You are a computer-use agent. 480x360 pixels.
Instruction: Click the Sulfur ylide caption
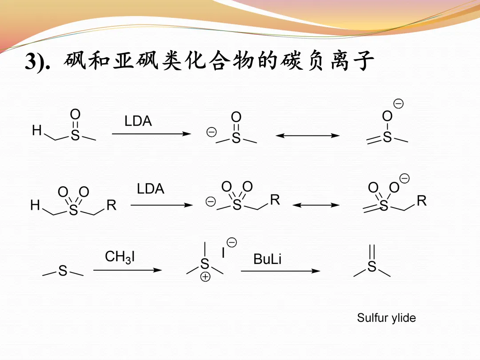tap(386, 318)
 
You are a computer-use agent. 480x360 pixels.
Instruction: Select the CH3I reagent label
tap(120, 257)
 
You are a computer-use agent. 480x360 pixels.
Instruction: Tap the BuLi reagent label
tap(267, 259)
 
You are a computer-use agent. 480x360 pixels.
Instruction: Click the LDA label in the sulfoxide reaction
tap(138, 121)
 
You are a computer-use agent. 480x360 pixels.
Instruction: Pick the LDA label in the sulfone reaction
tap(150, 189)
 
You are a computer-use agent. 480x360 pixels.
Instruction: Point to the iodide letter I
tap(223, 253)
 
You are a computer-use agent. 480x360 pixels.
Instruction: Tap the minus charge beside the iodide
tap(232, 242)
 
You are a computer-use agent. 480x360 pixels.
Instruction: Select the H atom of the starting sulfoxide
tap(37, 131)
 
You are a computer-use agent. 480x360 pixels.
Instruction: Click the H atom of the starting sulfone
tap(35, 205)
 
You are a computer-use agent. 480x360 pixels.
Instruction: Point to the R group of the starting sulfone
tap(111, 205)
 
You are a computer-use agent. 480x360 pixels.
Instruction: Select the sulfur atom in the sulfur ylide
tap(372, 267)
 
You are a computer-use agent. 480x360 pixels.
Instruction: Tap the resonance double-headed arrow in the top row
tap(308, 136)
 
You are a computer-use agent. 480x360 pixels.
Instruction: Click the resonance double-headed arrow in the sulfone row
tap(316, 205)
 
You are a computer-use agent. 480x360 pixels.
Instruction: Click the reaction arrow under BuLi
tap(280, 271)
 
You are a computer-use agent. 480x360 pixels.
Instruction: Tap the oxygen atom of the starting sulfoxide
tap(75, 113)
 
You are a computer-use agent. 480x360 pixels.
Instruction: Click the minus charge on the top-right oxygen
tap(398, 104)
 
